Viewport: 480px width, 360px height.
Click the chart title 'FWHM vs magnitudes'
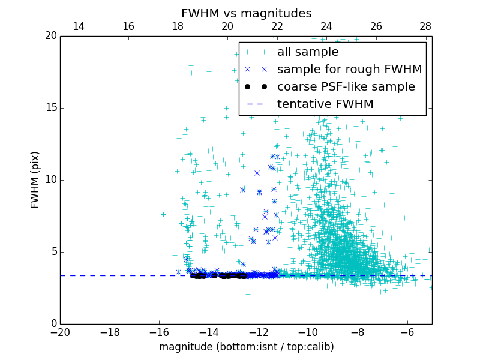tap(246, 13)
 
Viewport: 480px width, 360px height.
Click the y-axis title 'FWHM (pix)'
tap(35, 179)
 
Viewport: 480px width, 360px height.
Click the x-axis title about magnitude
tap(246, 347)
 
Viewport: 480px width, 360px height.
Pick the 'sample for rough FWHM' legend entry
tap(349, 70)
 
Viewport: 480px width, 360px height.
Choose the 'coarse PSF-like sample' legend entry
tap(346, 87)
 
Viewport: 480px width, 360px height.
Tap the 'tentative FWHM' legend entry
tap(325, 104)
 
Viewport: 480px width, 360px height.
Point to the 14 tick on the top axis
tap(78, 26)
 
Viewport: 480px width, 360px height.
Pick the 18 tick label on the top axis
tap(178, 26)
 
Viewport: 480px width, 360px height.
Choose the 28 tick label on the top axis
tap(425, 26)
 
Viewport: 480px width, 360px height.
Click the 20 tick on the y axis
tap(50, 36)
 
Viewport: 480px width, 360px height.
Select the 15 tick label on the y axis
tap(50, 108)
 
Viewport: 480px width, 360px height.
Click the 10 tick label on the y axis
tap(50, 180)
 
